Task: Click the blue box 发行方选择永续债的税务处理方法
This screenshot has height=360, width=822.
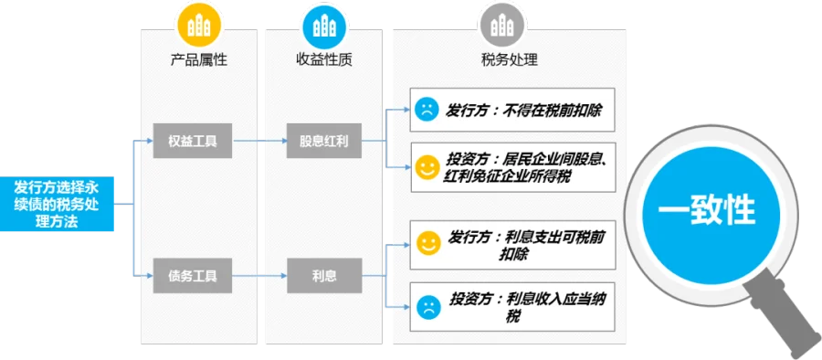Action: tap(57, 204)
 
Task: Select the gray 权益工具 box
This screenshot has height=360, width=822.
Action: tap(193, 141)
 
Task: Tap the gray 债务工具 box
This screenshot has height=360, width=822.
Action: tap(193, 276)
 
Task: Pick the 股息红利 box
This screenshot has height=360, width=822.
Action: tap(324, 141)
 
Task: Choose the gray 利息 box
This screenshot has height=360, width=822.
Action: tap(324, 276)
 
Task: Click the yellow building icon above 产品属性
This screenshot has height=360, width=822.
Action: tap(199, 26)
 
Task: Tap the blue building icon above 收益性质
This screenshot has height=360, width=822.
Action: tap(324, 26)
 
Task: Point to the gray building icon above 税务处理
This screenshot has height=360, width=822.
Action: tap(502, 26)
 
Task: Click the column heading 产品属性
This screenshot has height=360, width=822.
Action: tap(199, 59)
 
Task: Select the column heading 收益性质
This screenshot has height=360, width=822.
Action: tap(324, 59)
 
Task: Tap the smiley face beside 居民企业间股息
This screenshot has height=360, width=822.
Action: tap(427, 167)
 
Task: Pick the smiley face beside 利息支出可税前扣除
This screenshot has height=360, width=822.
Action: tap(429, 243)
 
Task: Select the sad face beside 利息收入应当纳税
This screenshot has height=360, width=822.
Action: tap(429, 307)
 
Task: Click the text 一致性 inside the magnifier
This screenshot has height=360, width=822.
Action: tap(707, 211)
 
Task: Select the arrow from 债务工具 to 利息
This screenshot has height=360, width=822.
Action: tap(259, 276)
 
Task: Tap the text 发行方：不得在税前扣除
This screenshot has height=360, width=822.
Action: tap(523, 111)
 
